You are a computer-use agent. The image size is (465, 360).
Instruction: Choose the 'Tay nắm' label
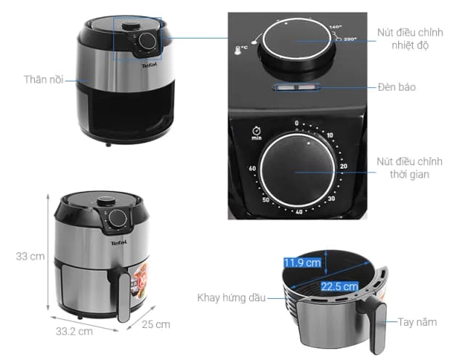pyautogui.click(x=417, y=321)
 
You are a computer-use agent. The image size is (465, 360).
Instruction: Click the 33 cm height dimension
pyautogui.click(x=28, y=256)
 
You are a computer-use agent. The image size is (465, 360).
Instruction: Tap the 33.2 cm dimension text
pyautogui.click(x=75, y=332)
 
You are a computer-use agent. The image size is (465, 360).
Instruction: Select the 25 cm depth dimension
pyautogui.click(x=155, y=324)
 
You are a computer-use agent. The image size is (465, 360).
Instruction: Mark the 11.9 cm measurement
pyautogui.click(x=302, y=263)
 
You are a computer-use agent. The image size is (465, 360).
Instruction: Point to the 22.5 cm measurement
pyautogui.click(x=340, y=286)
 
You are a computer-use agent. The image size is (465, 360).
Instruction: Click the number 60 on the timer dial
pyautogui.click(x=252, y=169)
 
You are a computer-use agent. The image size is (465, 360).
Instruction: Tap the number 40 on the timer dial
pyautogui.click(x=298, y=212)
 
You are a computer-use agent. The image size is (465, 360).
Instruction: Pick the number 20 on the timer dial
pyautogui.click(x=343, y=167)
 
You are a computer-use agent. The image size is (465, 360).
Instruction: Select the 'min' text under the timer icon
pyautogui.click(x=256, y=137)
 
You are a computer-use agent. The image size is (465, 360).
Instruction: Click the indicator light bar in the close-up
pyautogui.click(x=296, y=89)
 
